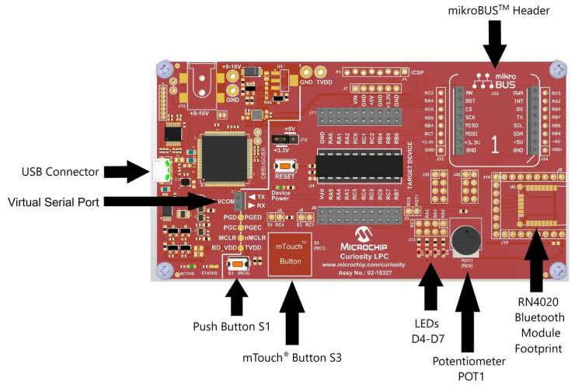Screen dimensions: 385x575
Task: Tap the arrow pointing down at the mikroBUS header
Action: [494, 43]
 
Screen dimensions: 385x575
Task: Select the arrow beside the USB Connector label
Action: [126, 171]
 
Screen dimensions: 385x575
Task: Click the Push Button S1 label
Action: [231, 326]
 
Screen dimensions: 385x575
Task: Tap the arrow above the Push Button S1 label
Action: [237, 296]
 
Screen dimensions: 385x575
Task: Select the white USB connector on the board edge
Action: [162, 170]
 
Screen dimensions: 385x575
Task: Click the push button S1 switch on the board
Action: [237, 265]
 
